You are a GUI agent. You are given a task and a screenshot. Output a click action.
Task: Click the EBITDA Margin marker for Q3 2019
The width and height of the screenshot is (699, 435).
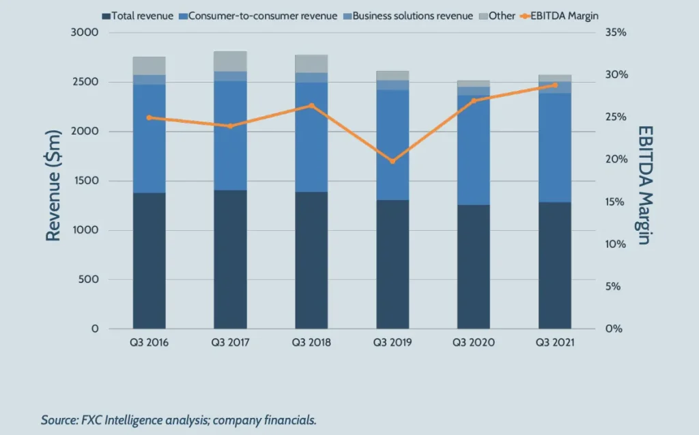pyautogui.click(x=393, y=161)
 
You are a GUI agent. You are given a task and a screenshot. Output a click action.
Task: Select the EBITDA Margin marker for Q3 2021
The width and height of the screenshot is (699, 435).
pyautogui.click(x=554, y=85)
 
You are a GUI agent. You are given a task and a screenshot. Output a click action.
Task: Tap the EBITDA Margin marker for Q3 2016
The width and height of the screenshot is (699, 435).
pyautogui.click(x=149, y=117)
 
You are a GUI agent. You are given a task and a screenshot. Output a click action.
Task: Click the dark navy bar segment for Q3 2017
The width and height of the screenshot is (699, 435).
pyautogui.click(x=230, y=259)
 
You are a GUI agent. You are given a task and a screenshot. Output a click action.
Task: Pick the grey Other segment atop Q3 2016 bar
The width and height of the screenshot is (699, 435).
pyautogui.click(x=149, y=66)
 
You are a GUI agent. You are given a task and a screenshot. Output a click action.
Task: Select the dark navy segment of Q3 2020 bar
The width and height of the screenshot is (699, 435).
pyautogui.click(x=473, y=266)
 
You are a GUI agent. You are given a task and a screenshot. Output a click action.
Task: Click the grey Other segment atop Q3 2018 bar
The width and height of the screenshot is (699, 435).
pyautogui.click(x=311, y=64)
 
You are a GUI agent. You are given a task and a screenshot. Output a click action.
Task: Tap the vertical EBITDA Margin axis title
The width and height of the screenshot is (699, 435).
pyautogui.click(x=645, y=184)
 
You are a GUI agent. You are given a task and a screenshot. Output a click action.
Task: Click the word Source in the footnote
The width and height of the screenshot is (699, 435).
pyautogui.click(x=57, y=420)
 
